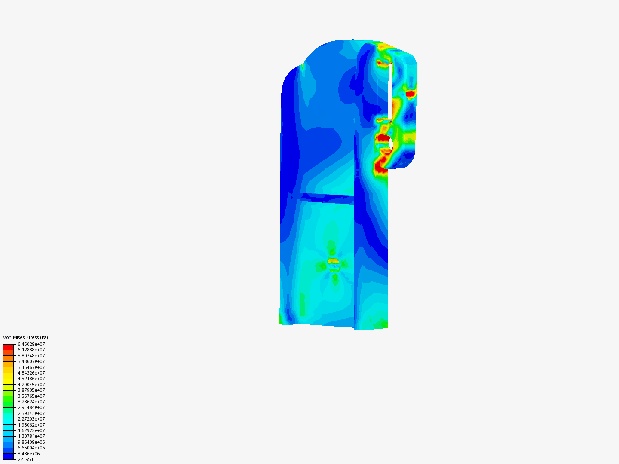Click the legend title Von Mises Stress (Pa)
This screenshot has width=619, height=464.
(25, 337)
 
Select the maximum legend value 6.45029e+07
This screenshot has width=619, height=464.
(31, 344)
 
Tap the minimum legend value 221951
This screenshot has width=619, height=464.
(26, 460)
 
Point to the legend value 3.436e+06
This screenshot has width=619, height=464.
(29, 454)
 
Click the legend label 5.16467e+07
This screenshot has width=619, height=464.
(31, 367)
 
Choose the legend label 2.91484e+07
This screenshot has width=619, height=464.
(31, 407)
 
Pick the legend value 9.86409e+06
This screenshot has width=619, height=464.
(31, 442)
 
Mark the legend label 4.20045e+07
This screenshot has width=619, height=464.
(31, 385)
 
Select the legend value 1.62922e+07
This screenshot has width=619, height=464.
(31, 430)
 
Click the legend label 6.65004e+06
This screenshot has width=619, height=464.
(31, 448)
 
